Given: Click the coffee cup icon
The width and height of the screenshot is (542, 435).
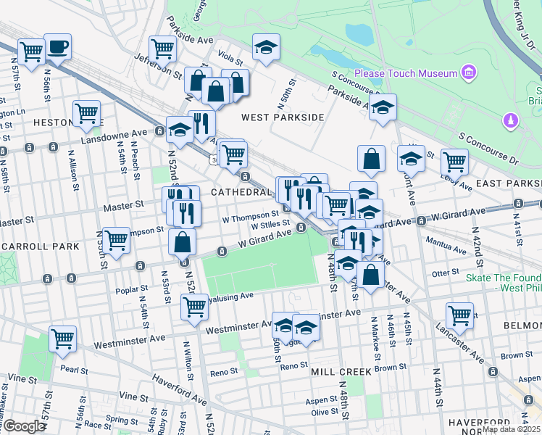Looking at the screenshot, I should [57, 48].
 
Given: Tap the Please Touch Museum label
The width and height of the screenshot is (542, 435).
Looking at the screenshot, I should [406, 73].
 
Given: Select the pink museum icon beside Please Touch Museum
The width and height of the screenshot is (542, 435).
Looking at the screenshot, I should [468, 73].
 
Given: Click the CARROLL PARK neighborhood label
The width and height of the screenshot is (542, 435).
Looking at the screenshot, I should [40, 246].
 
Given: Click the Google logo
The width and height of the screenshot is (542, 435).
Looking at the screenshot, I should [24, 426].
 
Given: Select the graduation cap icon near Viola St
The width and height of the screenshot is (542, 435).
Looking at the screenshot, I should [266, 48].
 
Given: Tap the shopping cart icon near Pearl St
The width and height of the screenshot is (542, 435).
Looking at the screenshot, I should [63, 338].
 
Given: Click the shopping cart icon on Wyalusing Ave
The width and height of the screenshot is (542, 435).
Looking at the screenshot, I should [195, 307].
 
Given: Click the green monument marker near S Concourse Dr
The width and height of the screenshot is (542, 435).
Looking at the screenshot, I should [511, 118].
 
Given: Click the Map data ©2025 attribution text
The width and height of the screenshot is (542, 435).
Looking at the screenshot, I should [510, 428].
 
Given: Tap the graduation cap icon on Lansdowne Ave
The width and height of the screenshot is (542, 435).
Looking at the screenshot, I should [179, 130].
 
